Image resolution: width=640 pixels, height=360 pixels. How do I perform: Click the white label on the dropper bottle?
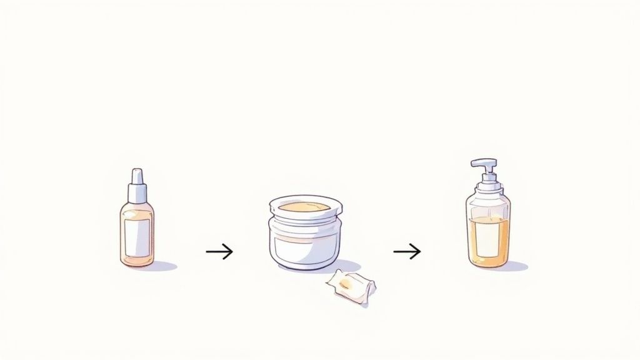click(x=137, y=235)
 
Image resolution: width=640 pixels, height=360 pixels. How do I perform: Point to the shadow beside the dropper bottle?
click(x=164, y=266)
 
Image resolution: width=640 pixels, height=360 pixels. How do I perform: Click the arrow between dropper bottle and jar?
click(x=219, y=252)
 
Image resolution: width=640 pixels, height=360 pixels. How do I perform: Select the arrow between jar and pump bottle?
click(x=407, y=252)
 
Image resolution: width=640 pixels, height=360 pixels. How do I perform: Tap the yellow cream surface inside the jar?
click(x=304, y=206)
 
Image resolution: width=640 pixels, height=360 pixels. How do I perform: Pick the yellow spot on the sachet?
click(x=346, y=284)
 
